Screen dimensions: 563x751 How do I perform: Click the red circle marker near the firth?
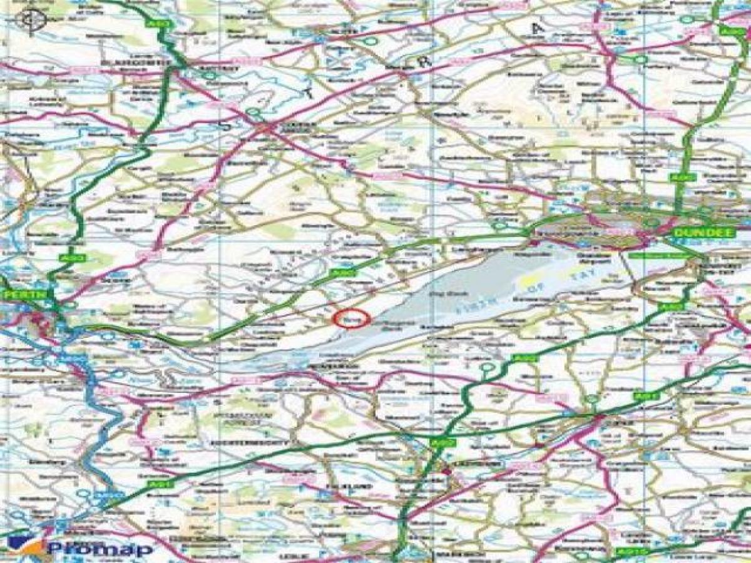tap(352, 318)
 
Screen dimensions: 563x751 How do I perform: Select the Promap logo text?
tap(100, 549)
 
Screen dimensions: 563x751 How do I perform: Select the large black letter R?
tap(426, 61)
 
